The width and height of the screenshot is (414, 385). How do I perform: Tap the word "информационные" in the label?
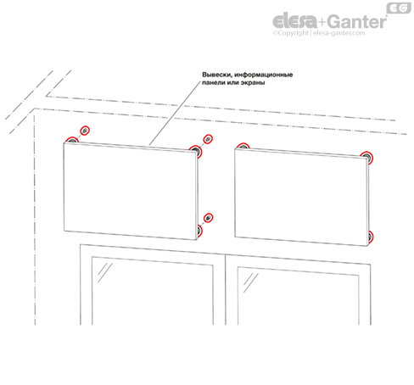[264, 75]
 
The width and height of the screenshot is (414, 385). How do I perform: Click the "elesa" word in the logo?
[295, 20]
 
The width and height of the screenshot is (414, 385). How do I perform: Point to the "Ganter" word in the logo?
[357, 21]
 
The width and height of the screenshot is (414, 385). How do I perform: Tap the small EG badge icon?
[399, 8]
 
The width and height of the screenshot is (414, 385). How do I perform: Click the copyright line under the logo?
[319, 33]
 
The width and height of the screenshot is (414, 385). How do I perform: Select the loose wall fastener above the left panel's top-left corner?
[85, 131]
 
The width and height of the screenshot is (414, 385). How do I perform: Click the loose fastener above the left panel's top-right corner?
[209, 139]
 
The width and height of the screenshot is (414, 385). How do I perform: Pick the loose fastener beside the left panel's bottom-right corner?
[209, 218]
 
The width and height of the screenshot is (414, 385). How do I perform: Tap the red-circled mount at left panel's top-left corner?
[72, 139]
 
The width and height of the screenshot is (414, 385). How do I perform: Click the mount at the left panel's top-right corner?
[196, 152]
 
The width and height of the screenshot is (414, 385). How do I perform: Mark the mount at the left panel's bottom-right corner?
[199, 231]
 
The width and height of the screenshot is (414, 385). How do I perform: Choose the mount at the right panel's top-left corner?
[243, 146]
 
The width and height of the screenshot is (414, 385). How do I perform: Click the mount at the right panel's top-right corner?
[366, 157]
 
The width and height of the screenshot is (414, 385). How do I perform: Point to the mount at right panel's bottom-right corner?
[370, 237]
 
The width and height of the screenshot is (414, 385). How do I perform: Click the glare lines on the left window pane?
[105, 272]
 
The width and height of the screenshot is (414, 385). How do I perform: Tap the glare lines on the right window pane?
[251, 282]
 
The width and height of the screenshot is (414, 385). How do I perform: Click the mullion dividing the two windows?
[226, 289]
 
